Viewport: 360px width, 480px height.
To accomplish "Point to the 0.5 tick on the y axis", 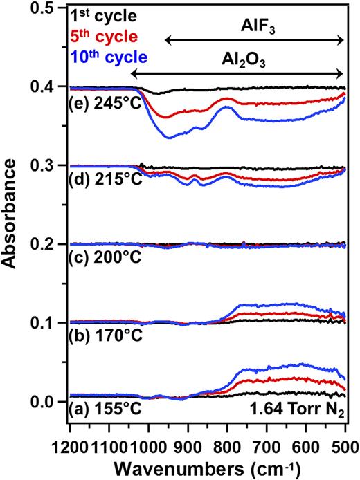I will tap(50, 9).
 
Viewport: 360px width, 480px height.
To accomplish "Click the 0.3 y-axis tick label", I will tap(50, 166).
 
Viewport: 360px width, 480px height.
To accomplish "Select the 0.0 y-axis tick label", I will tap(50, 402).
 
